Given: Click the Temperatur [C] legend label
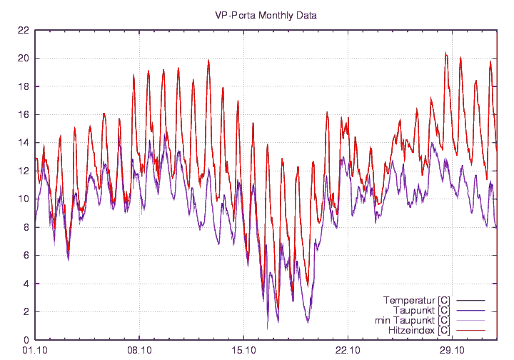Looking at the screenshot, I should (x=416, y=299).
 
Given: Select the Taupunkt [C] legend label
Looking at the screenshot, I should (x=421, y=310).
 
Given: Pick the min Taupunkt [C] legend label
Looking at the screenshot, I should (x=413, y=321).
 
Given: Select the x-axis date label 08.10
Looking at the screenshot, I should (x=138, y=350).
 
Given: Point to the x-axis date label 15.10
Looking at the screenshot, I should (x=243, y=350).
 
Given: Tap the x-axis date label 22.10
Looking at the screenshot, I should (x=347, y=350).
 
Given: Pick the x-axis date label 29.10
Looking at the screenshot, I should (x=451, y=350).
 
